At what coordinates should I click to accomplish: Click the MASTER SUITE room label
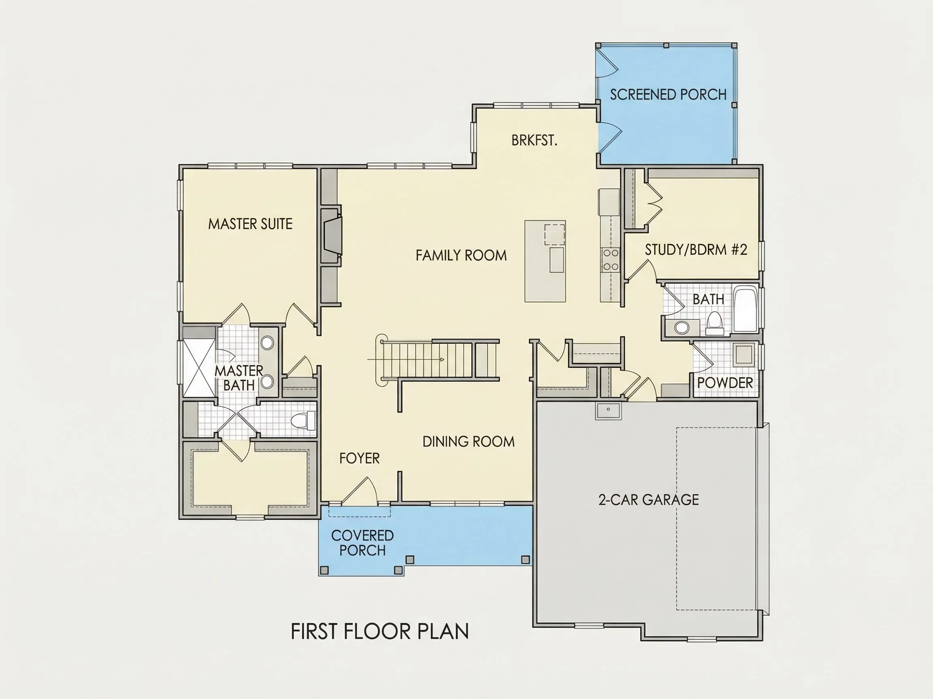click(x=250, y=224)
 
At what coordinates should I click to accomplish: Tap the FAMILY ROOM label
click(x=461, y=255)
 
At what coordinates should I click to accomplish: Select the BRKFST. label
click(x=535, y=140)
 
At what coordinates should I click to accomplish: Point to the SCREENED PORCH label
click(x=668, y=94)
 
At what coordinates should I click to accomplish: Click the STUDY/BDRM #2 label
click(x=696, y=250)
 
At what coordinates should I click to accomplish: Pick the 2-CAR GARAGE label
click(x=648, y=500)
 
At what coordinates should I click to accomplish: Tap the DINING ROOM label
click(x=469, y=442)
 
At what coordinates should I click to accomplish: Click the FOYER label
click(x=359, y=458)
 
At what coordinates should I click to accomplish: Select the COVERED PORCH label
click(x=362, y=543)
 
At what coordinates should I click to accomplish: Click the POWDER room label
click(x=725, y=383)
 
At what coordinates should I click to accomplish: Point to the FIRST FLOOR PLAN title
click(x=379, y=631)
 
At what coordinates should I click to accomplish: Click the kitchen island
click(x=545, y=261)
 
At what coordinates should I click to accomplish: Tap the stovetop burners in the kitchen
click(x=610, y=260)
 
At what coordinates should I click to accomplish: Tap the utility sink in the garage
click(x=608, y=411)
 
